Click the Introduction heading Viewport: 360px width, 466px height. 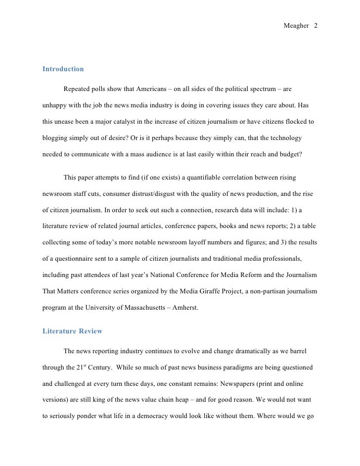[63, 69]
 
